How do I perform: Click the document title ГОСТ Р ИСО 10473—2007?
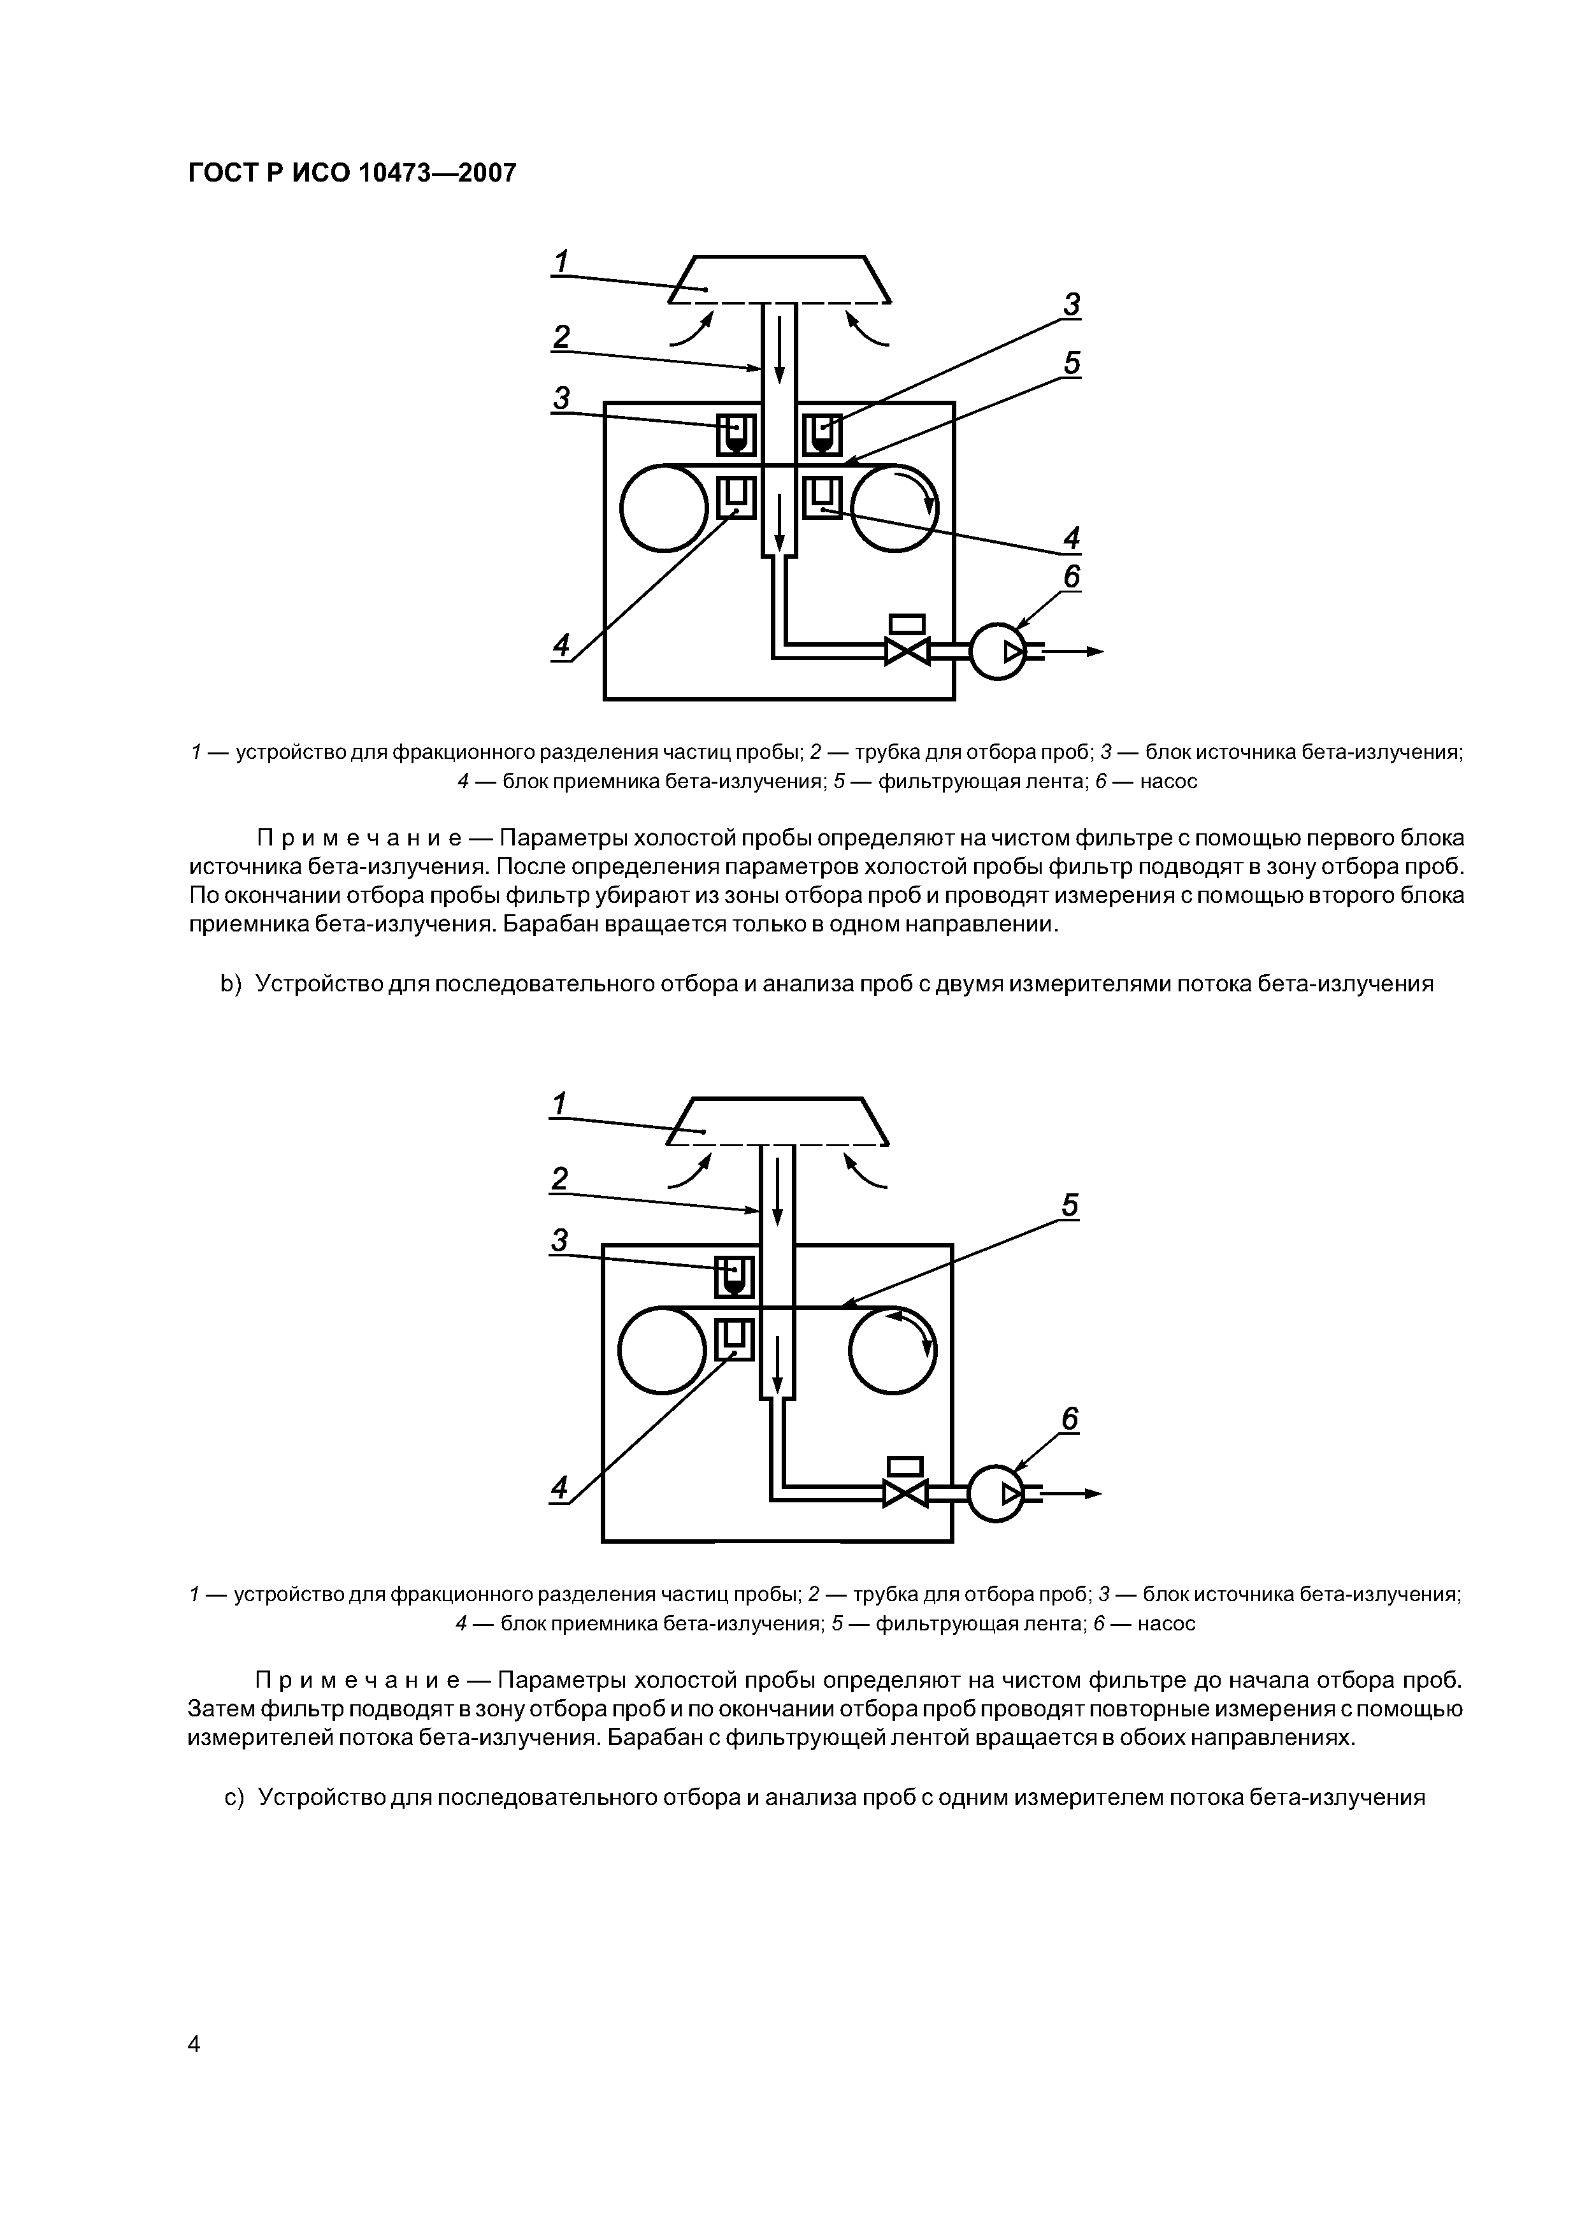coord(352,173)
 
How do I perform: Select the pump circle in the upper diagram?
coord(998,651)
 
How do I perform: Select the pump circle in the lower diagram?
coord(996,1493)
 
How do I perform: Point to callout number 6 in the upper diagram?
coord(1071,577)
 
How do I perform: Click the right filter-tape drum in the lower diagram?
coord(893,1349)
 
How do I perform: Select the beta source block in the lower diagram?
coord(735,1276)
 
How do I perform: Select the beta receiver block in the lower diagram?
coord(735,1339)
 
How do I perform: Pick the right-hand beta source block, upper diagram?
coord(822,433)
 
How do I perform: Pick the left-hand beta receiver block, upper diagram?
coord(736,498)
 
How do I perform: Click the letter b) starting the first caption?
coord(230,983)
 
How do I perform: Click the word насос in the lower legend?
coord(1167,1623)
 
